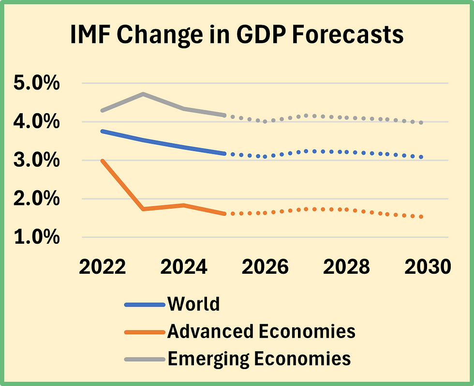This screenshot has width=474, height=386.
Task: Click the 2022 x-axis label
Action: (103, 267)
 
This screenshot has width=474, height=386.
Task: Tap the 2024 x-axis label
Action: (184, 267)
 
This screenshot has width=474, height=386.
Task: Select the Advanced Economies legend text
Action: (261, 331)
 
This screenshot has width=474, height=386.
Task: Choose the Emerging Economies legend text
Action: (259, 358)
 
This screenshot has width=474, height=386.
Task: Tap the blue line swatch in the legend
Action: (145, 305)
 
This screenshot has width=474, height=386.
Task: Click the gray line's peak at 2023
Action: (143, 94)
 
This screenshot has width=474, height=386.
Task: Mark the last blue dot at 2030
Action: (421, 157)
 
